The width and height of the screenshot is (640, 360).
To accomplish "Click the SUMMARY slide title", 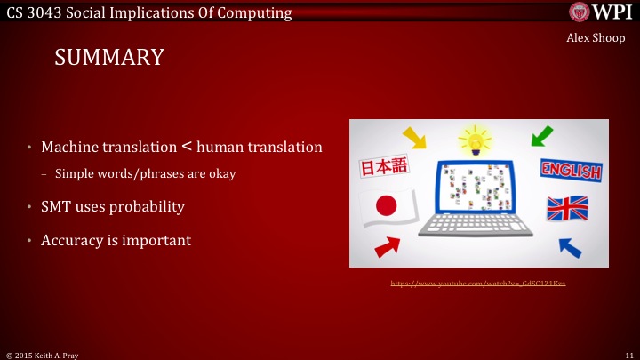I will pos(109,58).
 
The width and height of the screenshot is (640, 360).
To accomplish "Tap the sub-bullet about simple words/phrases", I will pos(145,174).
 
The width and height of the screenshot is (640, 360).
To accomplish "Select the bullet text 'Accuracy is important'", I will pos(116,240).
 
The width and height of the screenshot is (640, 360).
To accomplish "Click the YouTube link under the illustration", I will pos(478,283).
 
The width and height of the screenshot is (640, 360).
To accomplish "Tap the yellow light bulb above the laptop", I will pos(476,140).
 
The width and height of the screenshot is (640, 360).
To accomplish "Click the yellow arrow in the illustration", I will pos(414,138).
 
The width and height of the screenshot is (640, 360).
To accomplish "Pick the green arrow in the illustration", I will pos(540,138).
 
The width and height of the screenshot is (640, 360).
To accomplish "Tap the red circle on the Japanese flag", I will pos(386,206).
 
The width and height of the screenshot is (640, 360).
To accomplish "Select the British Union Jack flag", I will pos(566,207).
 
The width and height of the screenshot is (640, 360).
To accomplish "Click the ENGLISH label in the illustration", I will pos(569,170).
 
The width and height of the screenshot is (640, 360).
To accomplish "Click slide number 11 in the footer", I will pos(628,354).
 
